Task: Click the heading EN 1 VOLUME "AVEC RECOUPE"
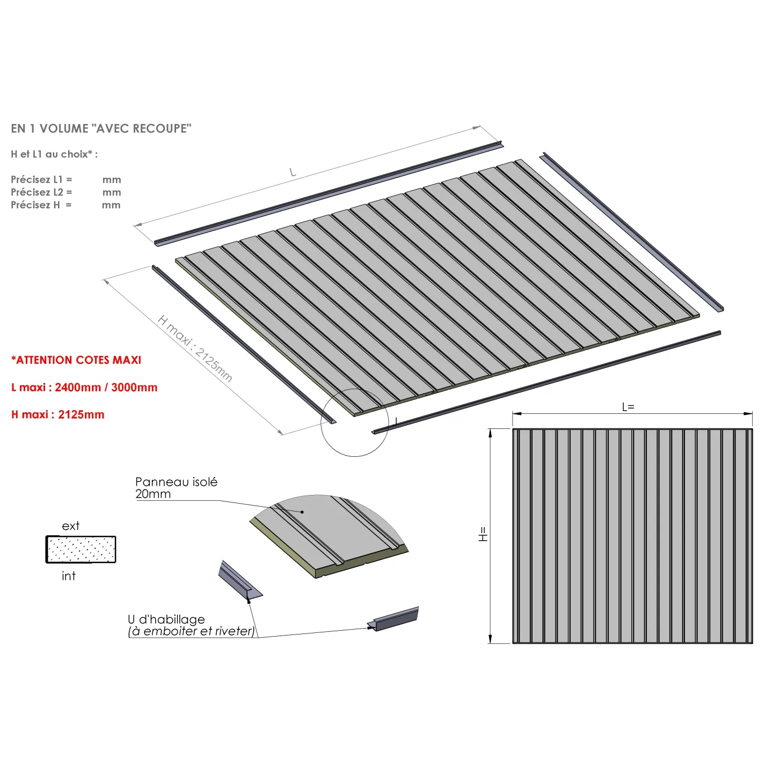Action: pyautogui.click(x=101, y=128)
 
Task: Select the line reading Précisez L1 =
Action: pyautogui.click(x=41, y=179)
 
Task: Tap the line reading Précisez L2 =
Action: pyautogui.click(x=41, y=192)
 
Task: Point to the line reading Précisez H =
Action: pyautogui.click(x=41, y=205)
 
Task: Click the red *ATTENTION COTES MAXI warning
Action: pyautogui.click(x=76, y=360)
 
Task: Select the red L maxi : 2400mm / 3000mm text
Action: pyautogui.click(x=84, y=387)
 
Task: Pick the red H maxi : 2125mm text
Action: pyautogui.click(x=58, y=414)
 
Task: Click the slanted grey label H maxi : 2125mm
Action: pyautogui.click(x=195, y=348)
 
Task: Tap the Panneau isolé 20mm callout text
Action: pyautogui.click(x=176, y=487)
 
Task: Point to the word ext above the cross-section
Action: pyautogui.click(x=71, y=526)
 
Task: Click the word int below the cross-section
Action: pyautogui.click(x=69, y=576)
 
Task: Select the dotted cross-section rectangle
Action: pyautogui.click(x=81, y=549)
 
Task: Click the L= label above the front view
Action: pyautogui.click(x=628, y=407)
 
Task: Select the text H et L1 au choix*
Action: pyautogui.click(x=54, y=154)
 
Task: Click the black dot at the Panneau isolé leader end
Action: pyautogui.click(x=302, y=512)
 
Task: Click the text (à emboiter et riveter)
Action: pyautogui.click(x=191, y=631)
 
